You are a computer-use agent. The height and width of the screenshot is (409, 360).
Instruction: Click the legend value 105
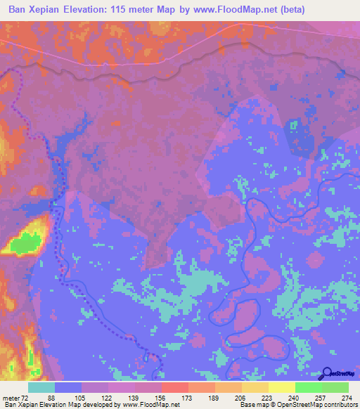[x=81, y=397]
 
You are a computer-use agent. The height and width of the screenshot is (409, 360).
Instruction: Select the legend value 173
[x=187, y=397]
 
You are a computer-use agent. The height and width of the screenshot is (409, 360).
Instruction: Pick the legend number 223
[x=266, y=397]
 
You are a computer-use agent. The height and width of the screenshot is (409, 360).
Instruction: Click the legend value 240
[x=293, y=397]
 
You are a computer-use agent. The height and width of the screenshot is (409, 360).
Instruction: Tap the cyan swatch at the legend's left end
[x=41, y=387]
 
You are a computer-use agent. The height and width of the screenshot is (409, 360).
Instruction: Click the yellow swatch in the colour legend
[x=280, y=387]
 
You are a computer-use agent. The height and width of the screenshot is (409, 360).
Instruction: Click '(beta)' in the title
[x=336, y=9]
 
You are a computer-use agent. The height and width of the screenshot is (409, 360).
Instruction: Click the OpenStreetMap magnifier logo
[x=328, y=373]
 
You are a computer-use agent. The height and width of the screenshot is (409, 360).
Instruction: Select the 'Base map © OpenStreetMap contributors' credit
[x=297, y=405]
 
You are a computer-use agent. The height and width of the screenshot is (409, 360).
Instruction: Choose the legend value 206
[x=240, y=397]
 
